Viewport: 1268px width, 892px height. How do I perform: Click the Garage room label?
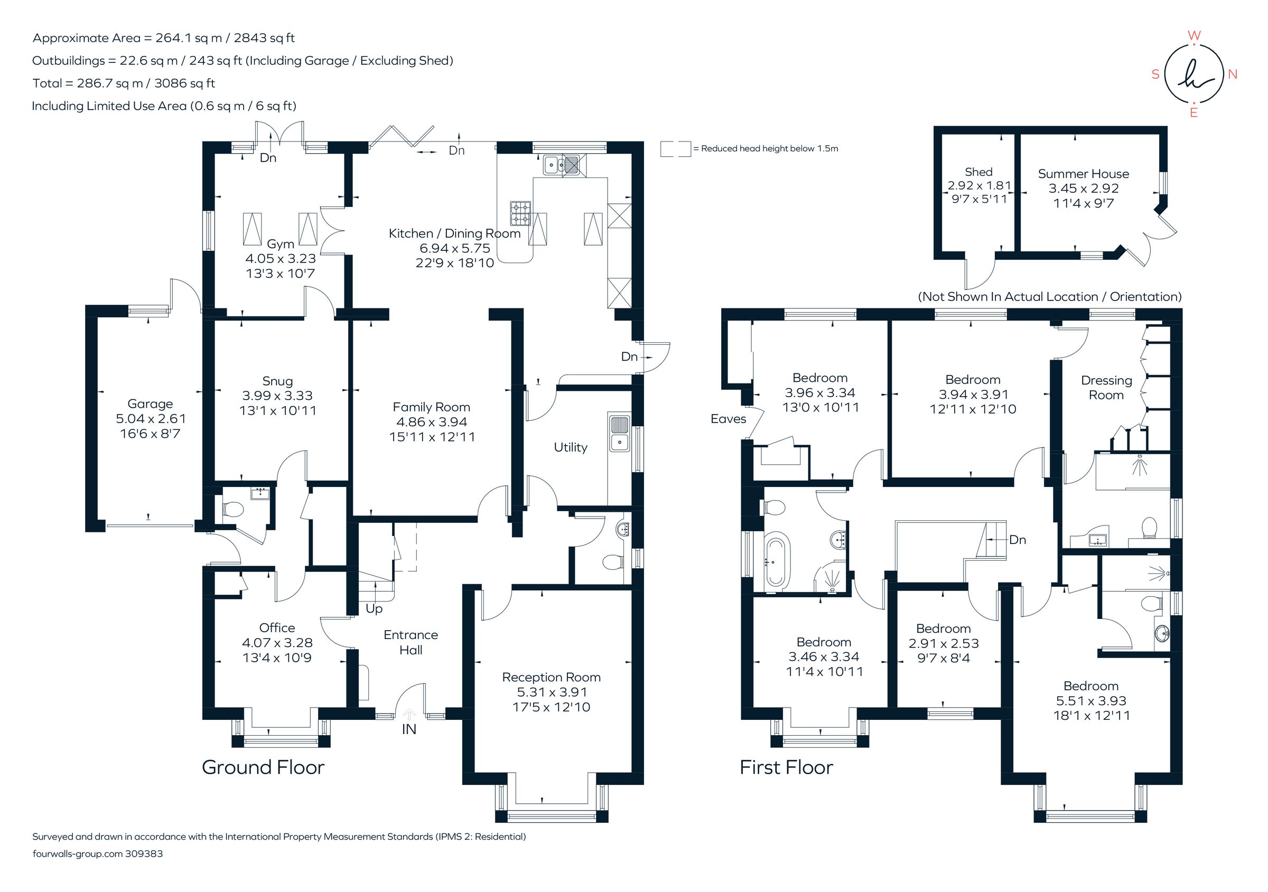coord(150,404)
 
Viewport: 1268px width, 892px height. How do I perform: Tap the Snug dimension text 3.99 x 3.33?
coord(277,396)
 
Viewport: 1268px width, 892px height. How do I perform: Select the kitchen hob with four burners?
coord(520,213)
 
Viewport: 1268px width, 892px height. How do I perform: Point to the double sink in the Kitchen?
coord(562,164)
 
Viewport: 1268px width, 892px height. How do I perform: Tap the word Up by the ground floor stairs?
coord(374,609)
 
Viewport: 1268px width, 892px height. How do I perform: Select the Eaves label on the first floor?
coord(728,419)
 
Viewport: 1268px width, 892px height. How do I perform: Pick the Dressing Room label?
coord(1106,388)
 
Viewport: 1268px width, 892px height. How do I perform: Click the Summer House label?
coord(1083,174)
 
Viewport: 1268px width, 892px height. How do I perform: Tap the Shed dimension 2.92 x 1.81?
coord(979,186)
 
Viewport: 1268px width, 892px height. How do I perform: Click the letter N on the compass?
coord(1232,74)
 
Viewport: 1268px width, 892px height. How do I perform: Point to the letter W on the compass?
coord(1194,36)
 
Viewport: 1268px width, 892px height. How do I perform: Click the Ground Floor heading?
coord(263,767)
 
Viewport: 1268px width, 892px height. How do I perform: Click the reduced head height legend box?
coord(675,148)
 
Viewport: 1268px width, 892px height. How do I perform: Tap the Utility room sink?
coord(620,433)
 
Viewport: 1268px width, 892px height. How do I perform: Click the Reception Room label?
coord(551,677)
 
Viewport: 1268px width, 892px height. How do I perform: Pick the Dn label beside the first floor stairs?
coord(1017,540)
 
